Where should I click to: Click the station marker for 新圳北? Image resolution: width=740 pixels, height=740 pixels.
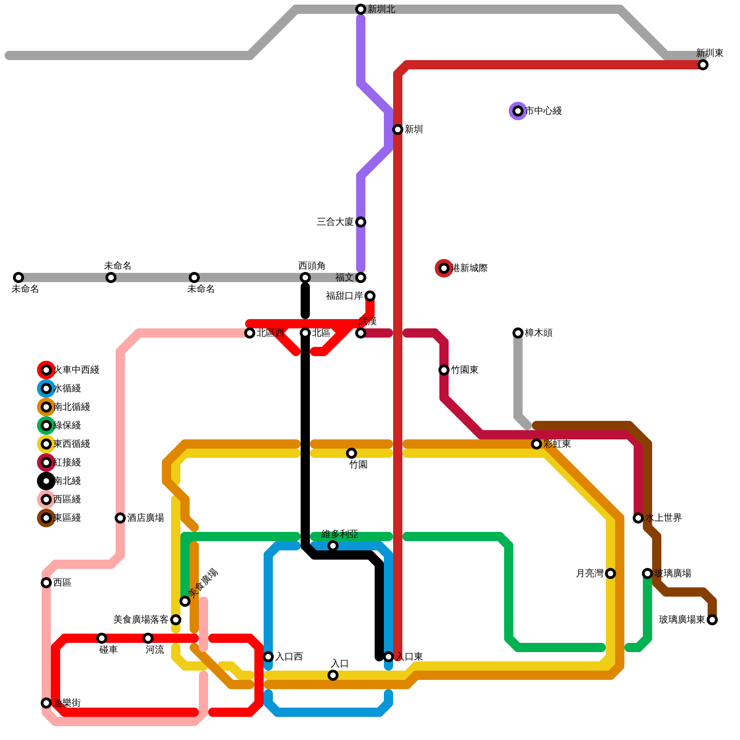[x=361, y=9]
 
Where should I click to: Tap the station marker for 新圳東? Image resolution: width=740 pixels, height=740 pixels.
[x=703, y=65]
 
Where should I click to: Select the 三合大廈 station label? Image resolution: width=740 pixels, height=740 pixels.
[x=335, y=222]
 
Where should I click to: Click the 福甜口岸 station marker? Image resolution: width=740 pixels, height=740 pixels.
[x=370, y=296]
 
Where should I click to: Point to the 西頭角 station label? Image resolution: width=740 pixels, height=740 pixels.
[x=312, y=266]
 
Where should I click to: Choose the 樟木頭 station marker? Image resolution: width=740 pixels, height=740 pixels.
[x=518, y=333]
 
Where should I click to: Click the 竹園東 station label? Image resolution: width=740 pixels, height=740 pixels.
[x=464, y=370]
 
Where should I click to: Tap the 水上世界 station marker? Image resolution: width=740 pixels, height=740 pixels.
[x=638, y=518]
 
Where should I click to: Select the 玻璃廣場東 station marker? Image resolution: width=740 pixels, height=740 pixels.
[x=712, y=620]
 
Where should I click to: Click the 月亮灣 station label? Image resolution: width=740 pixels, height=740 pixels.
[x=589, y=573]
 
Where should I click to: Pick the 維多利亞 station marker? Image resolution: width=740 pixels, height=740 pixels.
[x=333, y=546]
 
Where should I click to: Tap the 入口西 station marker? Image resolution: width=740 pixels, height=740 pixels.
[x=268, y=657]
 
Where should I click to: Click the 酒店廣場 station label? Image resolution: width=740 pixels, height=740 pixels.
[x=145, y=518]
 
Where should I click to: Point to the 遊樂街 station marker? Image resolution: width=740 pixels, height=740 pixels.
[x=46, y=703]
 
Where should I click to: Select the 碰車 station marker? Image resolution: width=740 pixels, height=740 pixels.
[x=102, y=638]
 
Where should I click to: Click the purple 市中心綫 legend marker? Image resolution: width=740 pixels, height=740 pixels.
[x=518, y=111]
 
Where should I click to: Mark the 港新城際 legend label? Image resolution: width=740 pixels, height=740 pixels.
[x=469, y=268]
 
